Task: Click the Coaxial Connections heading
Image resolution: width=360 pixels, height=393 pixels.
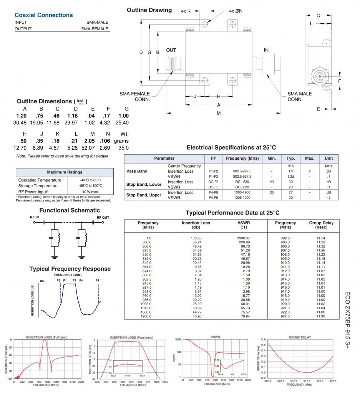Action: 43,15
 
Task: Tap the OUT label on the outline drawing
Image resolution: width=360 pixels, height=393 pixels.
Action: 171,50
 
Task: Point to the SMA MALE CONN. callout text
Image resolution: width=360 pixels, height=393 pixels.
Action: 300,96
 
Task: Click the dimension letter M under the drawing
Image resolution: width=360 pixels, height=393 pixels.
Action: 219,113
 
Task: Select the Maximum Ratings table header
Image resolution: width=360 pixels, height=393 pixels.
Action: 65,172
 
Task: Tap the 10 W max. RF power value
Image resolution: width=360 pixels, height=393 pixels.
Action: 90,192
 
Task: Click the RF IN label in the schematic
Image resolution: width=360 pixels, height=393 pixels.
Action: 35,218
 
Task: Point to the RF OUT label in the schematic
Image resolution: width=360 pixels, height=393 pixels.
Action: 103,218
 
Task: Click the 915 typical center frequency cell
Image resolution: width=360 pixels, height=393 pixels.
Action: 290,166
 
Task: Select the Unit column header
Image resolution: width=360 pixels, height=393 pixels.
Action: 328,158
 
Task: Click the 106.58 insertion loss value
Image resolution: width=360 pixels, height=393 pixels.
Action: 196,238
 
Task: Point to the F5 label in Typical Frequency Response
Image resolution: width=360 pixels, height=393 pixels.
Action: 97,281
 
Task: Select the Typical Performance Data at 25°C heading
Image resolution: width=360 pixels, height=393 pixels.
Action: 232,213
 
